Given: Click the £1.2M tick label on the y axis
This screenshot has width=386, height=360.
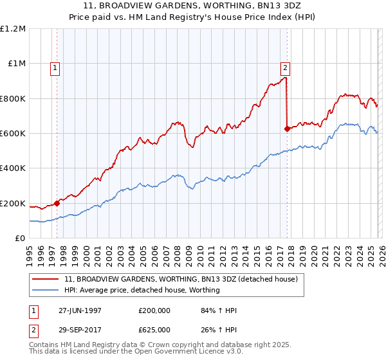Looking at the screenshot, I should [14, 29].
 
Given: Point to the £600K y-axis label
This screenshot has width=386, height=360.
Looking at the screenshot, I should [13, 134].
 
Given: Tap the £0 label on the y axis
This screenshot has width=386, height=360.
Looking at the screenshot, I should [20, 239].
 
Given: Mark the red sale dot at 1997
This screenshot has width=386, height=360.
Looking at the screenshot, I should [57, 203].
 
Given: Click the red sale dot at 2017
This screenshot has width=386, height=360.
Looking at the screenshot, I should [287, 129].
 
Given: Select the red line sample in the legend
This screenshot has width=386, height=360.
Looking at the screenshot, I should [46, 280].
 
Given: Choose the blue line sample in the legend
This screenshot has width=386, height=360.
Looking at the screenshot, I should [46, 291].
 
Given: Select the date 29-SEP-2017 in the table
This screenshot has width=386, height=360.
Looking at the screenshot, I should [80, 332].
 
